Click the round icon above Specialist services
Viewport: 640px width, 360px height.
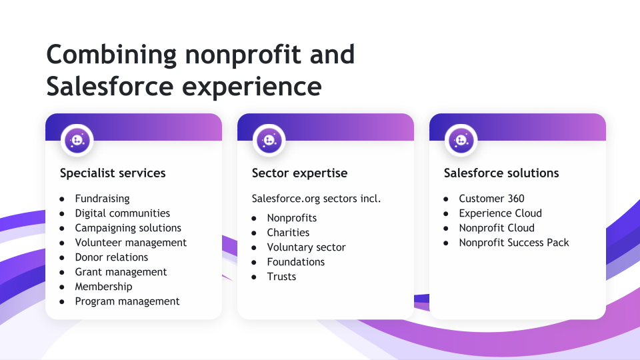pos(77,141)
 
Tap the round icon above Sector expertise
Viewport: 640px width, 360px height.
pos(269,141)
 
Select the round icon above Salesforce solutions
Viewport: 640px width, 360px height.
pos(461,141)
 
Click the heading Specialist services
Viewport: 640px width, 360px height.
pos(113,173)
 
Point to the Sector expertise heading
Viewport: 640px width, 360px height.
pos(299,173)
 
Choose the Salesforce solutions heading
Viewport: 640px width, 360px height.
pos(501,173)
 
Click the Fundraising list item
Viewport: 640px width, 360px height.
pos(102,199)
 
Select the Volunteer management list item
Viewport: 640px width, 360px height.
pos(131,243)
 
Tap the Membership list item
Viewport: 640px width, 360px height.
pos(104,287)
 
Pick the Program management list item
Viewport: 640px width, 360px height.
pos(127,301)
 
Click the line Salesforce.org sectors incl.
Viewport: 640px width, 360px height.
pos(316,199)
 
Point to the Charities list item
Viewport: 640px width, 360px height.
pos(288,233)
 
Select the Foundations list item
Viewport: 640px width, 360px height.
pos(296,262)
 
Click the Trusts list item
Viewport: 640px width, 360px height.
pos(281,277)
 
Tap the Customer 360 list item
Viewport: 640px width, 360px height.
pos(491,199)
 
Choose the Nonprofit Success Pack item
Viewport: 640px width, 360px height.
pos(514,243)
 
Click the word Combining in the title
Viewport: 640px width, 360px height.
pos(111,55)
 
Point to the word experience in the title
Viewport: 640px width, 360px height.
pos(252,87)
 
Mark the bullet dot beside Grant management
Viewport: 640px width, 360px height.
pos(62,273)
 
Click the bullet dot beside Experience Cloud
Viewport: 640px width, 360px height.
pos(446,214)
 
